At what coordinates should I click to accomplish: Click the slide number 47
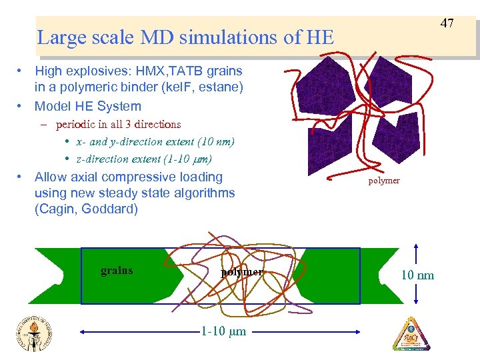click(447, 23)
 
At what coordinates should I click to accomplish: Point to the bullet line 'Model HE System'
click(88, 106)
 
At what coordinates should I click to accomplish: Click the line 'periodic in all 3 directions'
click(119, 124)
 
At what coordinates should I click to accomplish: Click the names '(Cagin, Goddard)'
click(86, 209)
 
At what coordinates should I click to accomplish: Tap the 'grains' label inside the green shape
click(117, 271)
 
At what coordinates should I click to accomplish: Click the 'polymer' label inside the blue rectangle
click(242, 272)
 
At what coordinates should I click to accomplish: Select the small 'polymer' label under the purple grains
click(384, 181)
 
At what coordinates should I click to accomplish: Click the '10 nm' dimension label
click(417, 275)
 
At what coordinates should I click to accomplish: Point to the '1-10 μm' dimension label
click(223, 331)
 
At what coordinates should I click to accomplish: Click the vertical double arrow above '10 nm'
click(417, 254)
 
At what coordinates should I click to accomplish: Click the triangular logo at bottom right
click(411, 333)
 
